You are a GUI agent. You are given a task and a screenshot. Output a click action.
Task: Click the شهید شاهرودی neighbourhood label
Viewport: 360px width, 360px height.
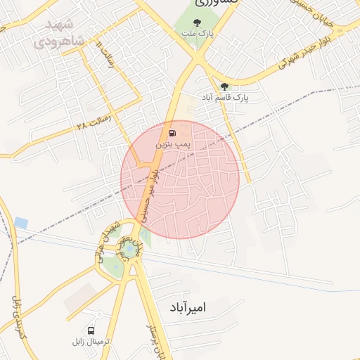click(x=64, y=33)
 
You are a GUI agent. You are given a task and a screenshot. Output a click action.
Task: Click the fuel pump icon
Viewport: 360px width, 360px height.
click(x=172, y=133)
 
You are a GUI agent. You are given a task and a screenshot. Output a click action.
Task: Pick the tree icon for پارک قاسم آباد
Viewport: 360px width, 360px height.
click(x=224, y=86)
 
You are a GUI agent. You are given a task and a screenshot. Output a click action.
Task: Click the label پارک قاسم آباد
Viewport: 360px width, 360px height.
click(x=223, y=98)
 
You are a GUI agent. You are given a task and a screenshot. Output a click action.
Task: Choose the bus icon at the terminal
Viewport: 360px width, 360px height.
click(x=91, y=330)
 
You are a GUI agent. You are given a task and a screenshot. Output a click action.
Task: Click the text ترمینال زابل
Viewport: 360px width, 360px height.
click(x=91, y=342)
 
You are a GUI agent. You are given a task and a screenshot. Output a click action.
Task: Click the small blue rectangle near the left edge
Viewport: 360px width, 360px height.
click(x=21, y=223)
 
